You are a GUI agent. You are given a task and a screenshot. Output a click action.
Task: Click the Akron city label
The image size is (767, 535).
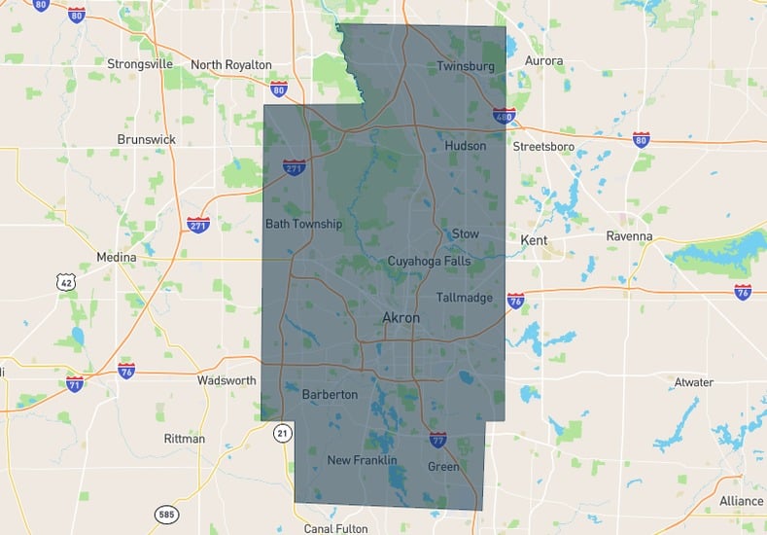[401, 318]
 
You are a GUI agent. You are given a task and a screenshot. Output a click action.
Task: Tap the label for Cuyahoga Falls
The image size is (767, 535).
[429, 261]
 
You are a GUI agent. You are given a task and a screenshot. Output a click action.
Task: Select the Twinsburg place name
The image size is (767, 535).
[466, 66]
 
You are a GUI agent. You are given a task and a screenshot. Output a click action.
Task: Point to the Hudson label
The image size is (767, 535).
[465, 146]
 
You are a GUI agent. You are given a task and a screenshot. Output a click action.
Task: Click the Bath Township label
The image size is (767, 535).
[304, 224]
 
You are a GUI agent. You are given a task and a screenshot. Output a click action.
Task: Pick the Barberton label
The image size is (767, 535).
[330, 395]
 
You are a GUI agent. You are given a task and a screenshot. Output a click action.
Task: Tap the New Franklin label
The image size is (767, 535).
[362, 460]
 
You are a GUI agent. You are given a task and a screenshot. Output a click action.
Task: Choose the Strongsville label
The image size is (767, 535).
[140, 64]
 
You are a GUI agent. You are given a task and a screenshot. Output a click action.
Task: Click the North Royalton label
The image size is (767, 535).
[231, 64]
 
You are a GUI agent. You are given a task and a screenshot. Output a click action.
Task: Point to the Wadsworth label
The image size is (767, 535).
[227, 380]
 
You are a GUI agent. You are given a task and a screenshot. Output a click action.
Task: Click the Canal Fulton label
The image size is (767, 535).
[335, 528]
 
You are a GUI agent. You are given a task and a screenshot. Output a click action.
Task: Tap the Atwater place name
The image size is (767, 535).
[693, 382]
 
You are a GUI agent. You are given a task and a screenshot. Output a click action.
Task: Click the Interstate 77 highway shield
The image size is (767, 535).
[438, 440]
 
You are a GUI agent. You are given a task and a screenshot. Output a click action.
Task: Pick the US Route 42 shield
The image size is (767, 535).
[65, 281]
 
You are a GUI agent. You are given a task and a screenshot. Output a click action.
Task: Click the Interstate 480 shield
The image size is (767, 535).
[504, 116]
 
